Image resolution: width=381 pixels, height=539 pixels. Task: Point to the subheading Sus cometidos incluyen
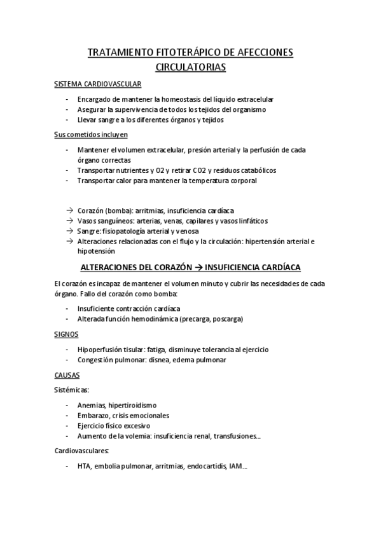(x=91, y=134)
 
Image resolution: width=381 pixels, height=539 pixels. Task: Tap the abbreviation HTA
(x=83, y=467)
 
